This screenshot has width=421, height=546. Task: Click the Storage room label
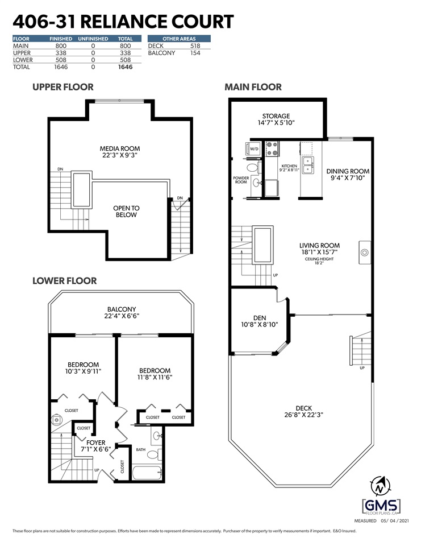coord(276,116)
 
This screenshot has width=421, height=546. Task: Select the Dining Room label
coord(348,171)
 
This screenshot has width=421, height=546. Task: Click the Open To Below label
coord(126,212)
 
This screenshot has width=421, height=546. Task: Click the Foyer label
coord(95,442)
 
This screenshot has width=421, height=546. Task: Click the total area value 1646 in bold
coord(125,67)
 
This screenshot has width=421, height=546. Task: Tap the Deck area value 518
coord(195,45)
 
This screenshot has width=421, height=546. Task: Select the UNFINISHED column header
coord(94,39)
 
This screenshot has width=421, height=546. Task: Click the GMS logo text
coord(381,505)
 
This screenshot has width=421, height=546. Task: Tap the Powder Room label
coord(241,180)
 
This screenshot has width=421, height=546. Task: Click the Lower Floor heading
coord(64,281)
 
